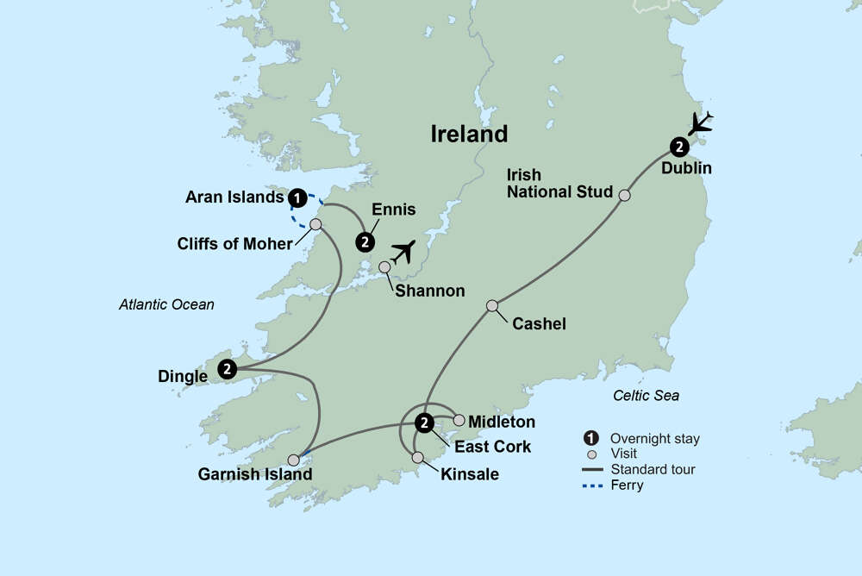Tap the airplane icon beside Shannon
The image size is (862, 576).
402,251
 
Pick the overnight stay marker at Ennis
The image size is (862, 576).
366,241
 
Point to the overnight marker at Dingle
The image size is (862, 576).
227,368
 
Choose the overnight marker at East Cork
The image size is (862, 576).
424,423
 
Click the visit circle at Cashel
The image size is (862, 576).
492,305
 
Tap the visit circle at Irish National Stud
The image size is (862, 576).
625,195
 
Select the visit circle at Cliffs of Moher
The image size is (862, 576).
315,224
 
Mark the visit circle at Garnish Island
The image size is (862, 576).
294,460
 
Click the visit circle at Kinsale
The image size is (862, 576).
418,457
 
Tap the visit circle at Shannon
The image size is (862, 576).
384,266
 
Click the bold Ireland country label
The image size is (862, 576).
469,134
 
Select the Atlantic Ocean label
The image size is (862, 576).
166,304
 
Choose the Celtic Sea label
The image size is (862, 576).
646,395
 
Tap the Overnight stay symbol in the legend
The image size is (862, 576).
591,438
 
